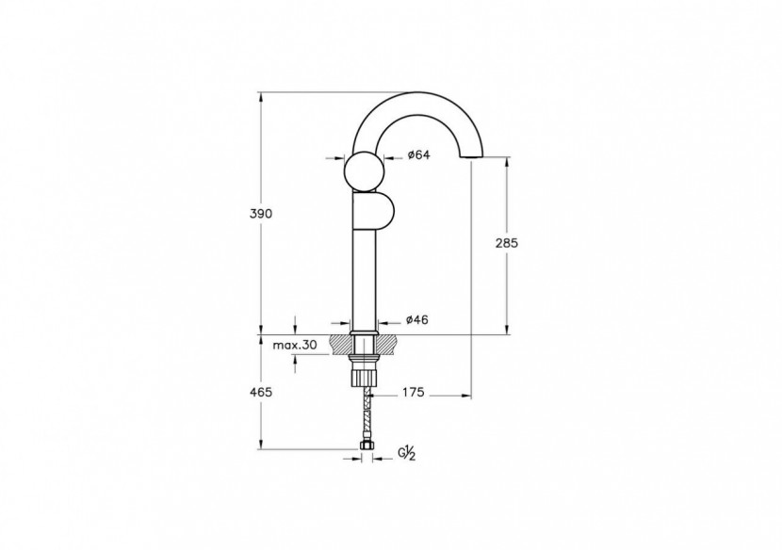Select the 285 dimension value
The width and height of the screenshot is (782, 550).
(507, 242)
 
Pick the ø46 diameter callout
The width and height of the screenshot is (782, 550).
(416, 320)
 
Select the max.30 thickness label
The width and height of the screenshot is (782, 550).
(294, 346)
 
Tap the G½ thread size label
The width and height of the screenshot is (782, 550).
(407, 454)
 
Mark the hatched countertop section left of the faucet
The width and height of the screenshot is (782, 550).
(340, 343)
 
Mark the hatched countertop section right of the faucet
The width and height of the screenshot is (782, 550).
(387, 343)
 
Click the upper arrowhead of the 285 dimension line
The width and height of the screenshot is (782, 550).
(507, 161)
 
